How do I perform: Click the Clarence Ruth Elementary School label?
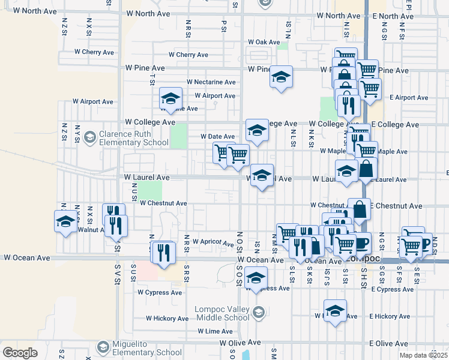point(134,138)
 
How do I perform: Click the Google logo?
point(20,352)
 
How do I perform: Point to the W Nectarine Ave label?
point(211,82)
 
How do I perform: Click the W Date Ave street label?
point(217,136)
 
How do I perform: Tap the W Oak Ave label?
point(264,42)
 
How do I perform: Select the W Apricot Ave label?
point(212,242)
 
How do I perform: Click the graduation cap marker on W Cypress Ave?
point(256,278)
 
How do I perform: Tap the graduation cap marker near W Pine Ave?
point(281,77)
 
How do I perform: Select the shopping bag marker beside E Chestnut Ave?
point(359,209)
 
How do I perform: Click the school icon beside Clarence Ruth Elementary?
point(89,137)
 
